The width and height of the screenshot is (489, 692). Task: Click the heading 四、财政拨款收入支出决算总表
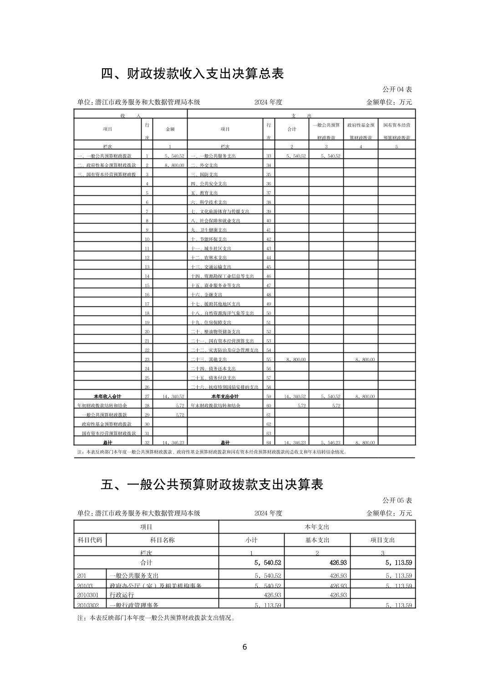192,73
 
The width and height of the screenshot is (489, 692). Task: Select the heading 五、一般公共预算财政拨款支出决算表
212,484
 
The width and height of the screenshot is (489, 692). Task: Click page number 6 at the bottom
244,647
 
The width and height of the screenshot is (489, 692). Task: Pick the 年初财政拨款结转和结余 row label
102,405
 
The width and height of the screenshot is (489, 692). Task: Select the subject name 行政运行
122,595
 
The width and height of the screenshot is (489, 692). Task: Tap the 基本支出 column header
317,540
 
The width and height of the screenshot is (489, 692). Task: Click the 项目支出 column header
382,540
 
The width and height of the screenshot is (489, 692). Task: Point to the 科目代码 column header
90,540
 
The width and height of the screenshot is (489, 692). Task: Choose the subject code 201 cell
82,576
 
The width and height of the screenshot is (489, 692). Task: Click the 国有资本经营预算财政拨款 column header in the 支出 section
397,131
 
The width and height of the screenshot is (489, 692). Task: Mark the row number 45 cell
269,267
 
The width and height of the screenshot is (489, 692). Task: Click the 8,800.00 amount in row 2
174,165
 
